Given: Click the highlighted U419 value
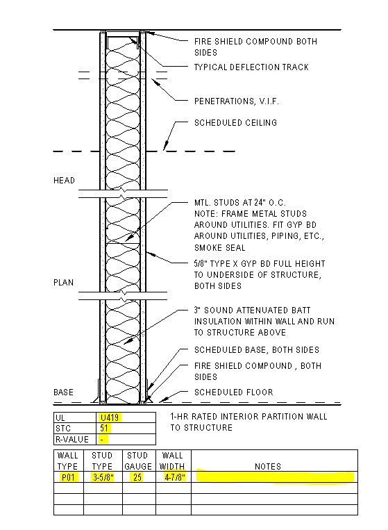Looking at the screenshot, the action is point(110,417).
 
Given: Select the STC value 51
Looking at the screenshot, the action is point(104,429).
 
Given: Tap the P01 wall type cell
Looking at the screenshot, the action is point(68,477).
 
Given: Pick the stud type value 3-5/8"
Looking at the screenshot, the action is point(103,477).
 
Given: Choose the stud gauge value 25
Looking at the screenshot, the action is point(137,477).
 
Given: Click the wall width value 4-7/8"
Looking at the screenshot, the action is point(175,477).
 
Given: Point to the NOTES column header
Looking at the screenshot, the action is point(268,467).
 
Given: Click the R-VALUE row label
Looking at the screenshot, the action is point(72,440).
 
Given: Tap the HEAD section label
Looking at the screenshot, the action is point(64,180).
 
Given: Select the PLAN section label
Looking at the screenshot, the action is point(63,282).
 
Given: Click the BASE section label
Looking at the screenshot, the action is point(63,392).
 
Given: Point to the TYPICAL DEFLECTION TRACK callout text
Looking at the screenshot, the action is point(251,67).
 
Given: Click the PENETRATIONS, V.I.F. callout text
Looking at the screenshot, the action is point(237,101).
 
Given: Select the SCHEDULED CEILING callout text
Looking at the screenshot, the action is point(235,122).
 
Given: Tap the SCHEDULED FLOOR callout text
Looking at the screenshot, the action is point(234,392).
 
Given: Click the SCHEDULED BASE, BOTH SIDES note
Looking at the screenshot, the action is point(257,350).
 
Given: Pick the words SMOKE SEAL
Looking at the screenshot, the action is point(219,248).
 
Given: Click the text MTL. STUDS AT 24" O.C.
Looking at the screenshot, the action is point(239,202).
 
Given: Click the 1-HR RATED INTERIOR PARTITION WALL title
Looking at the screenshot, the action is point(248,417).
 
